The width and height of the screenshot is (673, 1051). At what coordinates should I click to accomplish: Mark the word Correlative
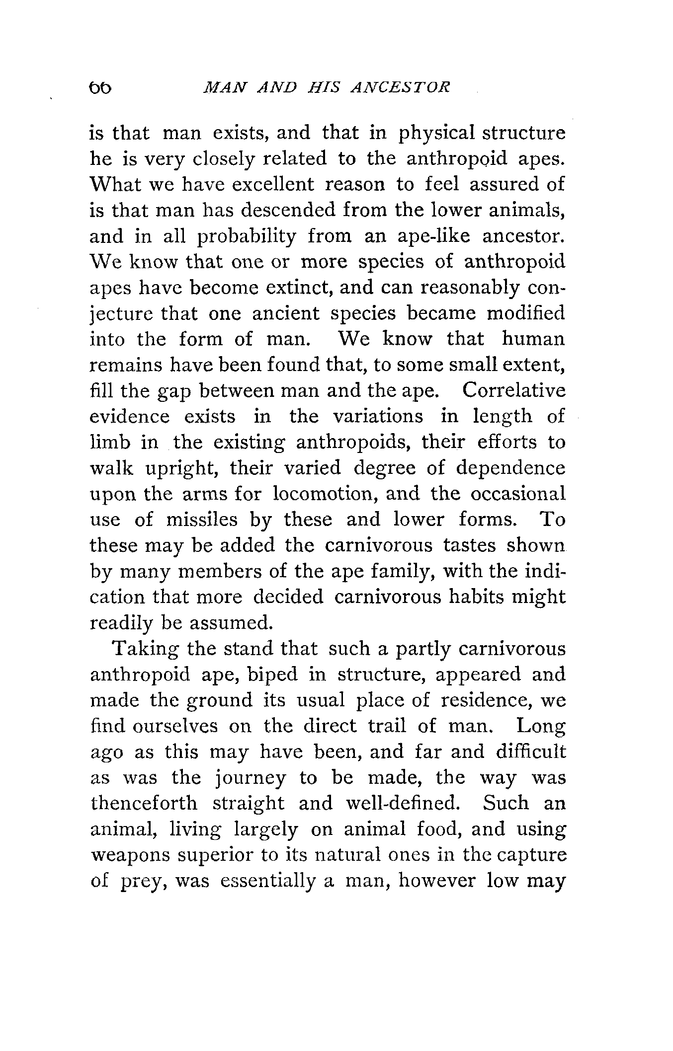click(x=513, y=390)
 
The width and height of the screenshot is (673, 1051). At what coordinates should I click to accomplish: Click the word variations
click(x=378, y=416)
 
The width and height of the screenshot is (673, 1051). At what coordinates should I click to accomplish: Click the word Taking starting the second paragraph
click(x=143, y=649)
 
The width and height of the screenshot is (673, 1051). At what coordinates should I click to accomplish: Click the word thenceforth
click(x=144, y=804)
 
